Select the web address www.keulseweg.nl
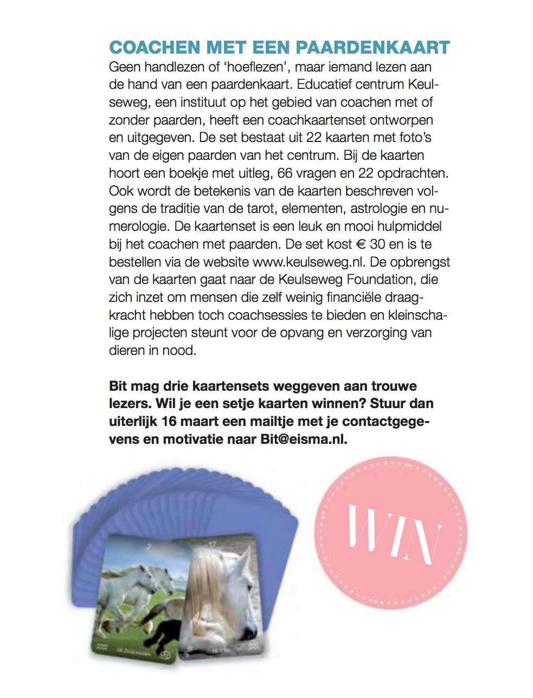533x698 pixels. click(x=308, y=262)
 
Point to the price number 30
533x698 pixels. click(x=377, y=244)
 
